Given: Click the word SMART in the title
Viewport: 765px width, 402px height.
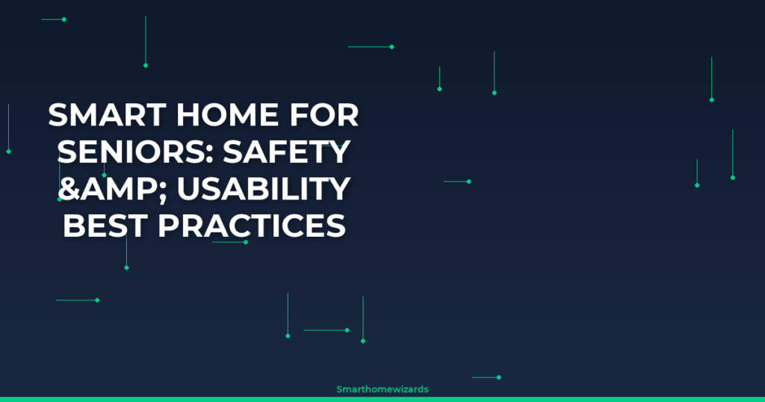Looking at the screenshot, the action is click(108, 115).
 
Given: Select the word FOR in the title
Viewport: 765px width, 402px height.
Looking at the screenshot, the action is click(324, 115).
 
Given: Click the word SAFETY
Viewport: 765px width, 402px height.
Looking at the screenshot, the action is click(287, 152).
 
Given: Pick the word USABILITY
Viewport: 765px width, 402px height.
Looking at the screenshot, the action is click(264, 189).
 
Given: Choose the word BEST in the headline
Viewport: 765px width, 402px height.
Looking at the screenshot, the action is click(105, 226).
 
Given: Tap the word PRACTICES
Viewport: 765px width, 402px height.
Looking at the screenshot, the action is click(252, 226).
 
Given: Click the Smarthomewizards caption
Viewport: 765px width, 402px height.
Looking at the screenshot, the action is click(382, 389).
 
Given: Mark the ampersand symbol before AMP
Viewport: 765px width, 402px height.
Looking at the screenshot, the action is click(69, 189).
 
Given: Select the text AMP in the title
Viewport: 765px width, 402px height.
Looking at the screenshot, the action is click(118, 189).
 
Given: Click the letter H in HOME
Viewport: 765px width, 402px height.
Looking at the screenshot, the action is click(188, 115).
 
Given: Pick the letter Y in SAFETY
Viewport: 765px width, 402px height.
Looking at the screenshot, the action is click(338, 152).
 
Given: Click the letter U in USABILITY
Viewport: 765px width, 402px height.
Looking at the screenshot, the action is click(188, 189).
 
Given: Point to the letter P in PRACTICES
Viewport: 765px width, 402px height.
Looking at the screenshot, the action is click(168, 226).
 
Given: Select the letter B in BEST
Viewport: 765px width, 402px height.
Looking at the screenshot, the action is click(74, 226).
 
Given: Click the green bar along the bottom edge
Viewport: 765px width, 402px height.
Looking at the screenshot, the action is click(382, 400).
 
